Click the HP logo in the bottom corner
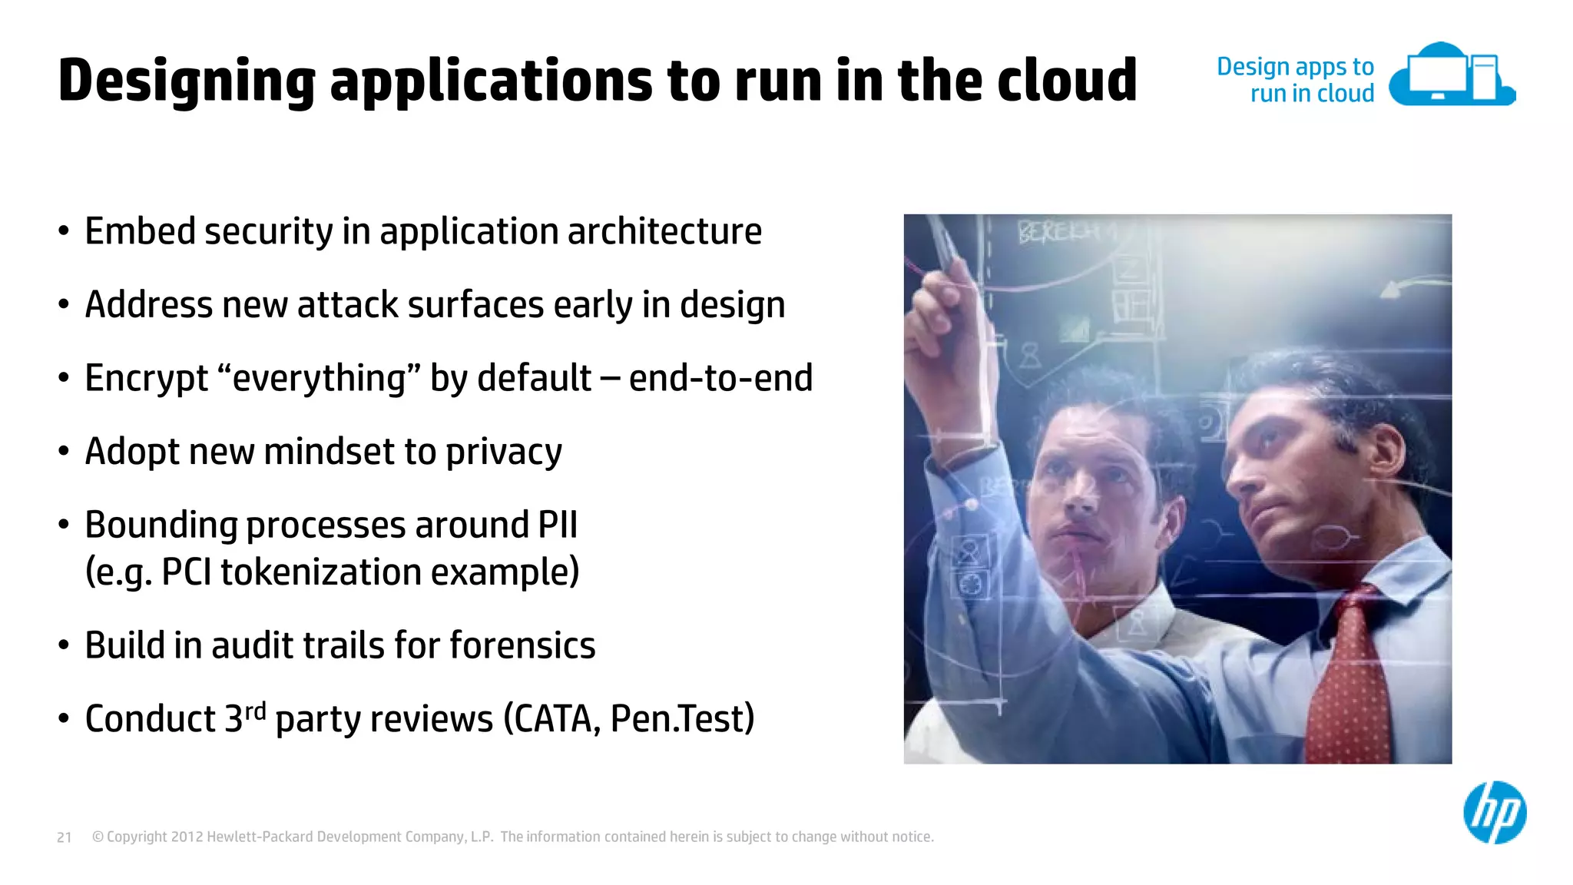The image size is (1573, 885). [1495, 813]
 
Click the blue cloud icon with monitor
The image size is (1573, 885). [1452, 75]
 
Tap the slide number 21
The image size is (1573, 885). [65, 837]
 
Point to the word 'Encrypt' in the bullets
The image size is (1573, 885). [146, 378]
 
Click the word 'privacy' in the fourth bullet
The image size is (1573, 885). [504, 452]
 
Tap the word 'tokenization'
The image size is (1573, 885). [320, 572]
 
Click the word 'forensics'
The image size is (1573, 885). [522, 645]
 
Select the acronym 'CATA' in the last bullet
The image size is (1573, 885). [555, 719]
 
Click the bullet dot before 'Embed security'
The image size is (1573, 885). [64, 231]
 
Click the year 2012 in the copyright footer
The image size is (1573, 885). [187, 837]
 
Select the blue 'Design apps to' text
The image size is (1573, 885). [1295, 67]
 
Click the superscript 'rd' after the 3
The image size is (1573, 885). [255, 710]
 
